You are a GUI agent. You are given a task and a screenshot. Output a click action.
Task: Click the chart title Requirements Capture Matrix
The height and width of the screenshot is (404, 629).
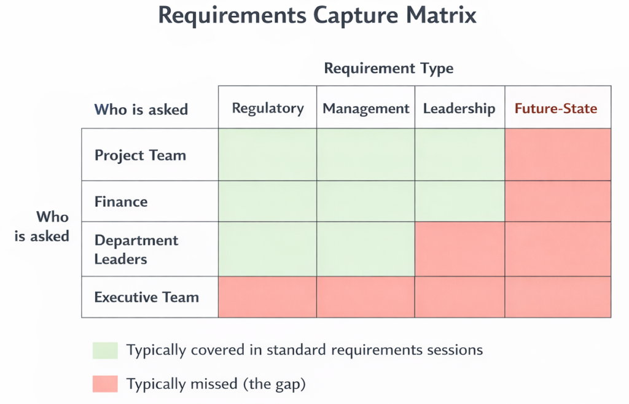click(x=318, y=16)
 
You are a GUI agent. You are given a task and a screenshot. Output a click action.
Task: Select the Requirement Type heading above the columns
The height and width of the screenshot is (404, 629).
click(x=389, y=69)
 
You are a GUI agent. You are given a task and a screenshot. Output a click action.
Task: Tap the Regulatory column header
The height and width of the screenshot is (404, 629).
click(x=268, y=108)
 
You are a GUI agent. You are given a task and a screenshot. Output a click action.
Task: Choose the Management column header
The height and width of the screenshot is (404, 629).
click(x=366, y=109)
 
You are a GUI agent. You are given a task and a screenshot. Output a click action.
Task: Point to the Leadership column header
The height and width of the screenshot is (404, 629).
click(x=459, y=109)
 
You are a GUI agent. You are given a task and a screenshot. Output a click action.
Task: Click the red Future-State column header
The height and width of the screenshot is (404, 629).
click(x=556, y=109)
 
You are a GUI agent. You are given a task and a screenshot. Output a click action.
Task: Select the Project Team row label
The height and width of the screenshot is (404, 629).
click(x=141, y=155)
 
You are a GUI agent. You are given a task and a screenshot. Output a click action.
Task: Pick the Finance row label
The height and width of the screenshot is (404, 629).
click(x=121, y=201)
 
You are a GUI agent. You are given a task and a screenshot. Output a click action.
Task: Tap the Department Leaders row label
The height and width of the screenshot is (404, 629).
click(x=136, y=249)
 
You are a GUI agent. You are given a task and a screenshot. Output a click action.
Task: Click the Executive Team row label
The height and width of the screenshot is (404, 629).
click(x=147, y=297)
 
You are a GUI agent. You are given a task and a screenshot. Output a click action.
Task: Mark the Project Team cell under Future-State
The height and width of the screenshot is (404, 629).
click(x=558, y=155)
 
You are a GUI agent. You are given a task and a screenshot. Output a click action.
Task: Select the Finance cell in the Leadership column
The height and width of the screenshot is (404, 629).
click(x=459, y=201)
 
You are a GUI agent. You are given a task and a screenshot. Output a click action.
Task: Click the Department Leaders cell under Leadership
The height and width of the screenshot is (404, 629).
click(x=459, y=249)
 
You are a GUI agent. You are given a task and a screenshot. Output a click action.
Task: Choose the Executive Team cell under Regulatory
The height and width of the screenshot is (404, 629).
click(x=268, y=297)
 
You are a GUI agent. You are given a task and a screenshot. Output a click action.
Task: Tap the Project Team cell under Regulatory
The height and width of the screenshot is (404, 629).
click(x=268, y=155)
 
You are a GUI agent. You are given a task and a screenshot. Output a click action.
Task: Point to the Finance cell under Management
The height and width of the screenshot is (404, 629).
click(x=366, y=201)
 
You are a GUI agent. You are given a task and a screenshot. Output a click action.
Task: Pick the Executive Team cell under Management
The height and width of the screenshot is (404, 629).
click(x=366, y=297)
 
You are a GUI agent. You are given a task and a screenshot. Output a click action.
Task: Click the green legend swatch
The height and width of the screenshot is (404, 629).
click(x=105, y=351)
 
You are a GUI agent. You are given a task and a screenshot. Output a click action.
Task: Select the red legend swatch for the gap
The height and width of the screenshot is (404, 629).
click(x=105, y=384)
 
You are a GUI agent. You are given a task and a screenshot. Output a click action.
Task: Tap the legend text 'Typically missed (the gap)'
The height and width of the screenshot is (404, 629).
click(x=216, y=384)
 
